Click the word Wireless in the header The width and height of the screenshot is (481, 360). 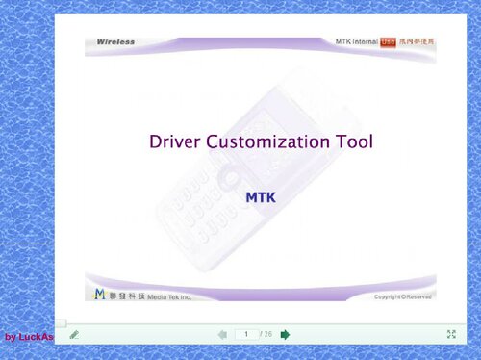pyautogui.click(x=115, y=42)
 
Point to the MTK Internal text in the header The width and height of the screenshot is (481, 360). pyautogui.click(x=356, y=42)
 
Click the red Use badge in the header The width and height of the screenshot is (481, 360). pyautogui.click(x=389, y=42)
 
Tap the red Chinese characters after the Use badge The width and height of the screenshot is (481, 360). pyautogui.click(x=417, y=42)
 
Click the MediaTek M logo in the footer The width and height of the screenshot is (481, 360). pyautogui.click(x=99, y=294)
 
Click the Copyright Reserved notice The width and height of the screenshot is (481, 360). pyautogui.click(x=403, y=296)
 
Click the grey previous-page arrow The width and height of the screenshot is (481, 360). pyautogui.click(x=222, y=334)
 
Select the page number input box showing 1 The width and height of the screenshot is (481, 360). pyautogui.click(x=246, y=334)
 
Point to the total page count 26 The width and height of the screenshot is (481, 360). pyautogui.click(x=267, y=334)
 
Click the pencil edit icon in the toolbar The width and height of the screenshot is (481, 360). pyautogui.click(x=74, y=334)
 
